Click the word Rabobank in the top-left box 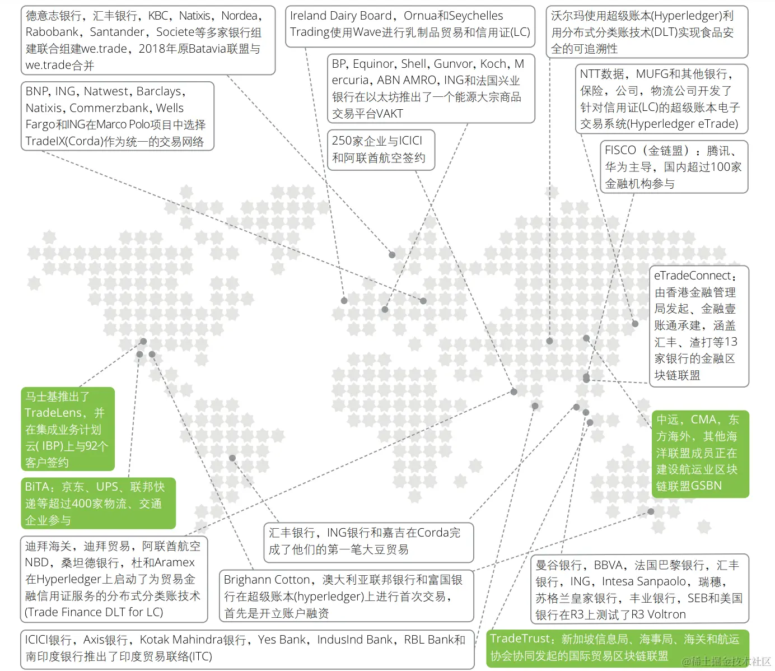tap(50, 32)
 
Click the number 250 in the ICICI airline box tap(341, 141)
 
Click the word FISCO tap(620, 151)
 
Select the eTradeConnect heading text tap(692, 276)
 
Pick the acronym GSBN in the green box tap(706, 486)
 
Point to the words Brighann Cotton tap(267, 580)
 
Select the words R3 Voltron tap(658, 615)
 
